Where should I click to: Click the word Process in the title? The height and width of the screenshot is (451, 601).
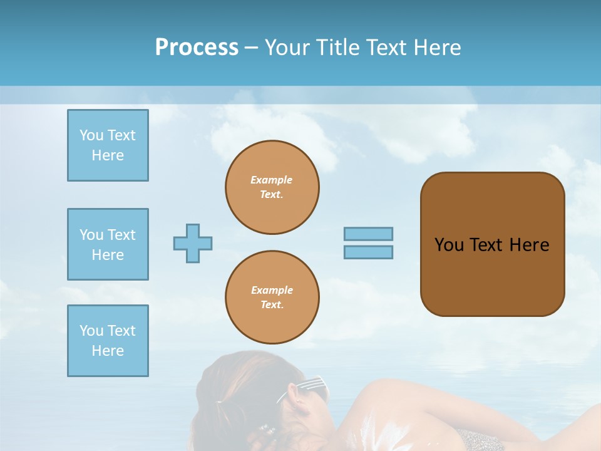[x=197, y=48]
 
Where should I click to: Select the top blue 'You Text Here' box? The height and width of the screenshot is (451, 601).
[x=108, y=145]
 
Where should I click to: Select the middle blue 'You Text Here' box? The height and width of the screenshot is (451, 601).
[x=108, y=244]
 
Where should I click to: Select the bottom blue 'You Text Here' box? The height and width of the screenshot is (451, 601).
[x=108, y=341]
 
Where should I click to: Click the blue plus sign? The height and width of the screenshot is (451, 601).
[x=193, y=243]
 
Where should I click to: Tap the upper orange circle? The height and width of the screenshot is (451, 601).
[x=272, y=187]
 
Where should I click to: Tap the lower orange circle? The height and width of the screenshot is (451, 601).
[x=272, y=298]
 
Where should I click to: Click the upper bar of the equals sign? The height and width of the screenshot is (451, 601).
[x=368, y=234]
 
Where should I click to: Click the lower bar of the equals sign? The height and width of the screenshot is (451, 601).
[x=368, y=252]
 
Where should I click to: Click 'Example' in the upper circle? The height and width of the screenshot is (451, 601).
[x=272, y=180]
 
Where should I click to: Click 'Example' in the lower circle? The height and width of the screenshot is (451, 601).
[x=272, y=290]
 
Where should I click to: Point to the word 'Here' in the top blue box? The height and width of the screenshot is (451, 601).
[x=108, y=155]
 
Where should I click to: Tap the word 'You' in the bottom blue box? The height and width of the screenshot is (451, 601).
[x=91, y=331]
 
